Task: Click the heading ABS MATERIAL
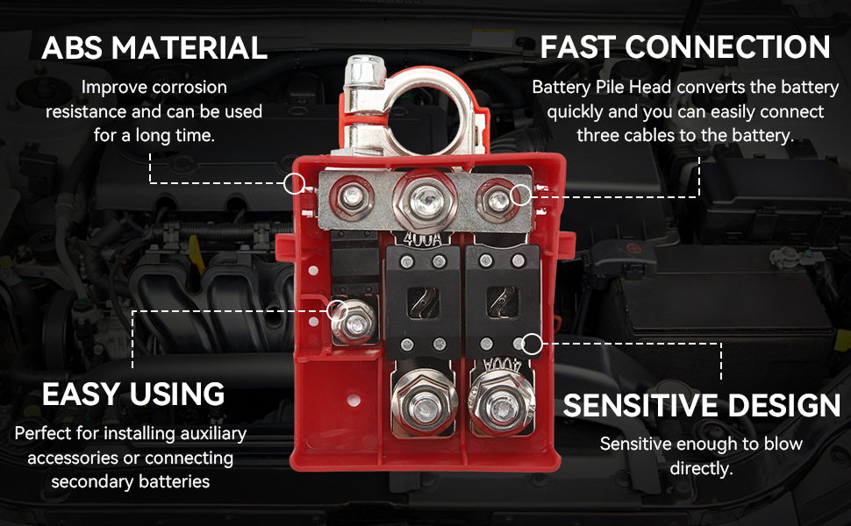coord(154,47)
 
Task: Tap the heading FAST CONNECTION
coord(685,47)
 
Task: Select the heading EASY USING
coord(133,394)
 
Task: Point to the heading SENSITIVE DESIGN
coord(702,406)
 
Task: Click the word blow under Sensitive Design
coord(783,444)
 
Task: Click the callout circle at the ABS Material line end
coord(294,184)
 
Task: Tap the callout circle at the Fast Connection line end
coord(521,195)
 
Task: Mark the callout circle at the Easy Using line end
coord(337,310)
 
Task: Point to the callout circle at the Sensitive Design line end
coord(532,344)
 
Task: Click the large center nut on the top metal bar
coord(425,201)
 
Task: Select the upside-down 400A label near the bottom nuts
coord(502,365)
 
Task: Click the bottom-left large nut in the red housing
coord(424,404)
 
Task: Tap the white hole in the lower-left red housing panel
coord(354,401)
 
